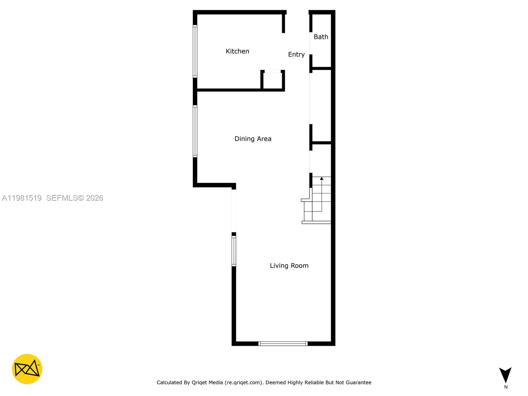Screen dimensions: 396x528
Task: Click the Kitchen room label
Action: pyautogui.click(x=237, y=51)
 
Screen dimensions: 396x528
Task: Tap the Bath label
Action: pyautogui.click(x=321, y=37)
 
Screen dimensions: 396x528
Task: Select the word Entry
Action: pyautogui.click(x=296, y=54)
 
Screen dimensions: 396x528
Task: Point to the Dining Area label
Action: pyautogui.click(x=253, y=139)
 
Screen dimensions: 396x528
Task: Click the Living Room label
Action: pyautogui.click(x=289, y=266)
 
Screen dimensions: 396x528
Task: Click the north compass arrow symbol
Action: pyautogui.click(x=505, y=375)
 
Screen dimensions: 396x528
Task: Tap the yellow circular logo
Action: pyautogui.click(x=27, y=369)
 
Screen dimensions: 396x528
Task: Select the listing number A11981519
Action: pyautogui.click(x=22, y=198)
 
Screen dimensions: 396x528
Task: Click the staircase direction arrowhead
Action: pyautogui.click(x=322, y=179)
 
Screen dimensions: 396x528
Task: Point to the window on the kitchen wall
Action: pyautogui.click(x=195, y=51)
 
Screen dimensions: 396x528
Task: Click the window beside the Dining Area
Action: pyautogui.click(x=195, y=131)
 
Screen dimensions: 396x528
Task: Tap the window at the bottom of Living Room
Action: pyautogui.click(x=283, y=344)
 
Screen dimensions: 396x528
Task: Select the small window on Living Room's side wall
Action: pyautogui.click(x=234, y=251)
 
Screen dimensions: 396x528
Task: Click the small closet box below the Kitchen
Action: pyautogui.click(x=273, y=80)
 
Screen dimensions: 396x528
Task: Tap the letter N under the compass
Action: pyautogui.click(x=506, y=387)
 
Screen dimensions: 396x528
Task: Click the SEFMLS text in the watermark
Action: pyautogui.click(x=62, y=198)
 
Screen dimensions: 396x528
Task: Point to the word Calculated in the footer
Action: pyautogui.click(x=169, y=382)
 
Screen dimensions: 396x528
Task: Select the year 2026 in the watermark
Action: pyautogui.click(x=95, y=198)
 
